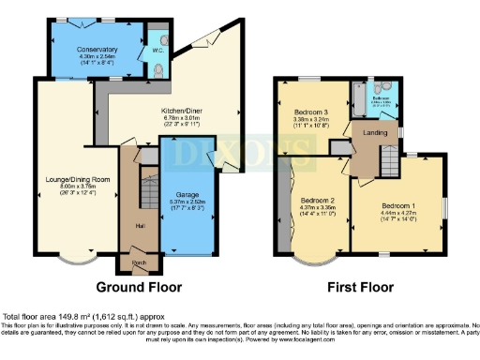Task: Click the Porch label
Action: [x=139, y=262]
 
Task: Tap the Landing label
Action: [x=375, y=131]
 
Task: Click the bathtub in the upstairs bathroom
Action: [x=361, y=98]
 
